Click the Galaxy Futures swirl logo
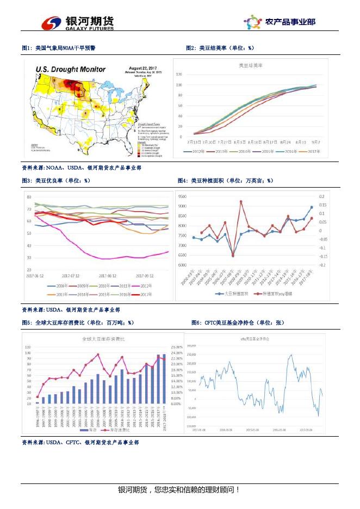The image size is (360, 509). point(52,22)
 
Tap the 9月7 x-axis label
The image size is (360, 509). point(316,141)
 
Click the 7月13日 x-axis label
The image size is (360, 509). point(195,141)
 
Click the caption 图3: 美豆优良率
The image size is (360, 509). point(56,181)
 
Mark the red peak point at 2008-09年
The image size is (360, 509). point(241,202)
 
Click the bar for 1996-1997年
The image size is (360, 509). point(38,402)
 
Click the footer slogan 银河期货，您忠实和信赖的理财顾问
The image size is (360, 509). point(179,490)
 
